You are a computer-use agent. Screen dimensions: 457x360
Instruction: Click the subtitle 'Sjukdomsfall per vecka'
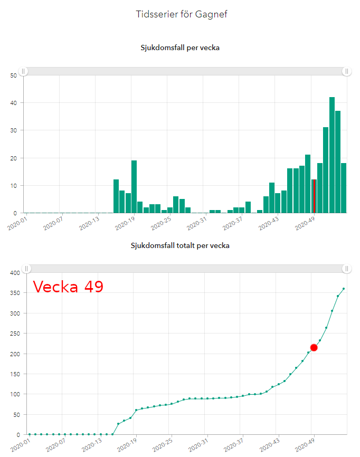[x=180, y=47]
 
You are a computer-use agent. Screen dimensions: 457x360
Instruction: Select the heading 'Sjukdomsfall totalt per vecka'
[x=180, y=245]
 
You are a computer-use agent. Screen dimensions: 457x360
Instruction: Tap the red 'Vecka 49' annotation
[x=68, y=287]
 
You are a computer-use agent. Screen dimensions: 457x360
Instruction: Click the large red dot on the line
[x=314, y=347]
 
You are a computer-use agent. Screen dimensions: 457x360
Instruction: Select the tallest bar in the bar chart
[x=332, y=155]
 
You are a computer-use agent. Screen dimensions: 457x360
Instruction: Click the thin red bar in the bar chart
[x=315, y=196]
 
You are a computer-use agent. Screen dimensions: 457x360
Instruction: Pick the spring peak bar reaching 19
[x=134, y=187]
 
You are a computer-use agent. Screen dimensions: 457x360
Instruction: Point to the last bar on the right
[x=344, y=188]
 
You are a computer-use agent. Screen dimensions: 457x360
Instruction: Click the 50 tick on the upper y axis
[x=13, y=75]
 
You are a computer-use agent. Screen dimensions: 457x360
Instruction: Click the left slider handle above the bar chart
[x=23, y=71]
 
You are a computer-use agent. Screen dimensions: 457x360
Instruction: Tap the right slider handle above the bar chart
[x=347, y=71]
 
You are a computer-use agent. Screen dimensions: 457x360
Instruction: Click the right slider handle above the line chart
[x=347, y=269]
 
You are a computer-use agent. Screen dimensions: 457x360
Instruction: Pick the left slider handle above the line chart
[x=26, y=269]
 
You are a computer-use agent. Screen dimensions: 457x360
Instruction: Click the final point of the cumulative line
[x=344, y=289]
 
